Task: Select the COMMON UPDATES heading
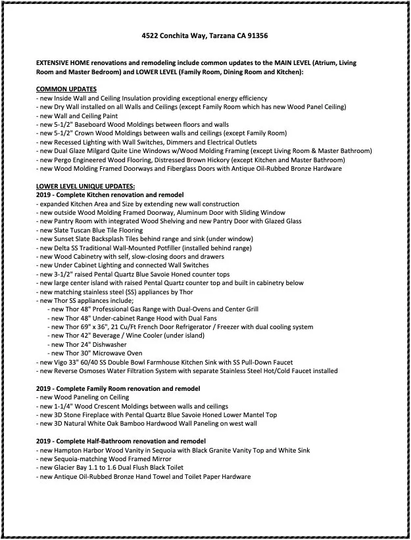click(66, 89)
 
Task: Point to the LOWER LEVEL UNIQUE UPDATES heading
click(85, 187)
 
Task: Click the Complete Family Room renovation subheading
click(118, 389)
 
